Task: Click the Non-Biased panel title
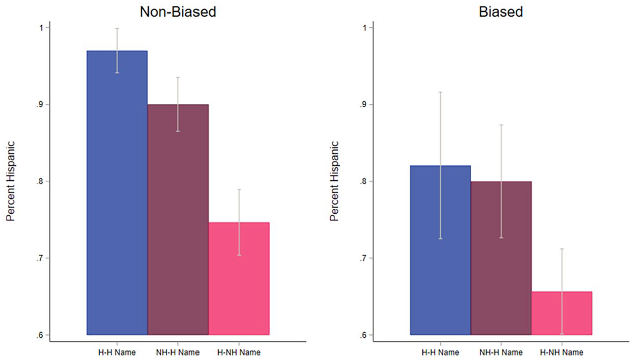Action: [178, 12]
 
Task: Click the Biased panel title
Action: [501, 12]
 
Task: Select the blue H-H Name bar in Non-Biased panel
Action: [117, 193]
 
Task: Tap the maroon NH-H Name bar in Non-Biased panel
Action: [178, 220]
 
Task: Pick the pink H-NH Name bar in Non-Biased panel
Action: [239, 279]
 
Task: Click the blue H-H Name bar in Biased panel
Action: [441, 250]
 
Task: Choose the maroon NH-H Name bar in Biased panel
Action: [501, 258]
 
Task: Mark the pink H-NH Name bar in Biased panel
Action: [561, 313]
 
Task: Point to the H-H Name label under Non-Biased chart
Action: [117, 352]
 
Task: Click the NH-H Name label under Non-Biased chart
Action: [178, 352]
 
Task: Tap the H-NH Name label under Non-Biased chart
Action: [239, 352]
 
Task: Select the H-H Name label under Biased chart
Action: [441, 352]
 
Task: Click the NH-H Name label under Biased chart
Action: [501, 352]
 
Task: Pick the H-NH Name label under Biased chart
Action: [561, 352]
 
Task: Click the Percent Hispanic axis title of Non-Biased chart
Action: [11, 181]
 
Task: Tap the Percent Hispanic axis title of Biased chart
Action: [334, 181]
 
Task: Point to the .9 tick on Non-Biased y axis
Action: [39, 105]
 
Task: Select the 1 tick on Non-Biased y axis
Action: [41, 28]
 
